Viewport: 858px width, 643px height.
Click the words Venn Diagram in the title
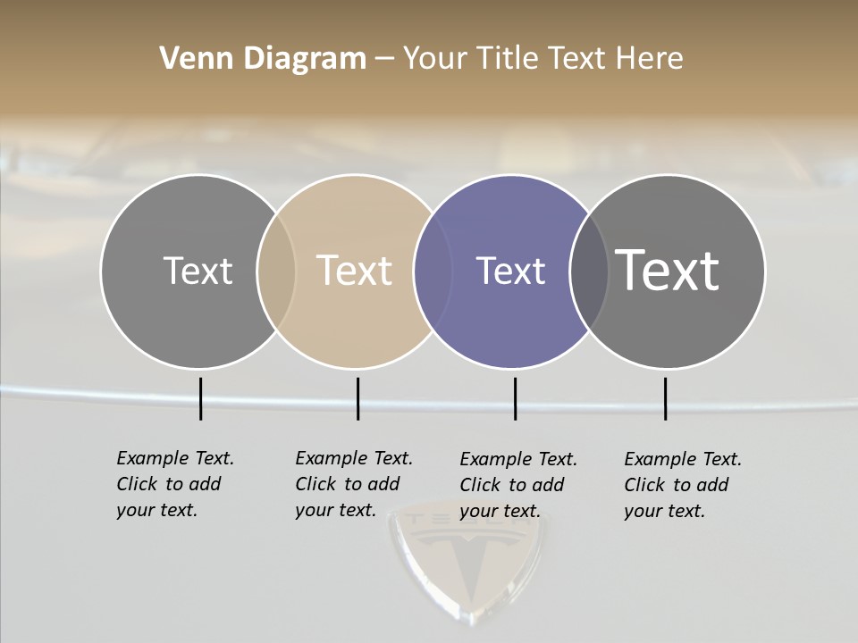click(x=263, y=59)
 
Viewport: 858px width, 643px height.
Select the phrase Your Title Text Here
click(x=543, y=59)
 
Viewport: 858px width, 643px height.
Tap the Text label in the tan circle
click(x=354, y=271)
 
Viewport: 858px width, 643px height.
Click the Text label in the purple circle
click(x=510, y=271)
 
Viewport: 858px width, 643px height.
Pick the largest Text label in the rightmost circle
click(x=667, y=270)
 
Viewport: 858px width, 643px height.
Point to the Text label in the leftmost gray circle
click(x=198, y=271)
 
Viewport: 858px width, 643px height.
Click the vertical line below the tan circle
click(x=357, y=398)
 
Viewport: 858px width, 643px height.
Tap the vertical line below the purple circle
click(x=515, y=398)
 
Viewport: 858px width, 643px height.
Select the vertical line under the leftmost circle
click(x=200, y=398)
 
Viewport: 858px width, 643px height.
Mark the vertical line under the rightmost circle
click(x=665, y=398)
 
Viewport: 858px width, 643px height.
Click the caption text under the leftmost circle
click(x=175, y=484)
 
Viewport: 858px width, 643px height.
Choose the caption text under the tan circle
click(x=354, y=484)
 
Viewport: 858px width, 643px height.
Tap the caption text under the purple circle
click(x=518, y=485)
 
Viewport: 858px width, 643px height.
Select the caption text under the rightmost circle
click(x=683, y=485)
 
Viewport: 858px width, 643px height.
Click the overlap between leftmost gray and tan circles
click(x=276, y=271)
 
